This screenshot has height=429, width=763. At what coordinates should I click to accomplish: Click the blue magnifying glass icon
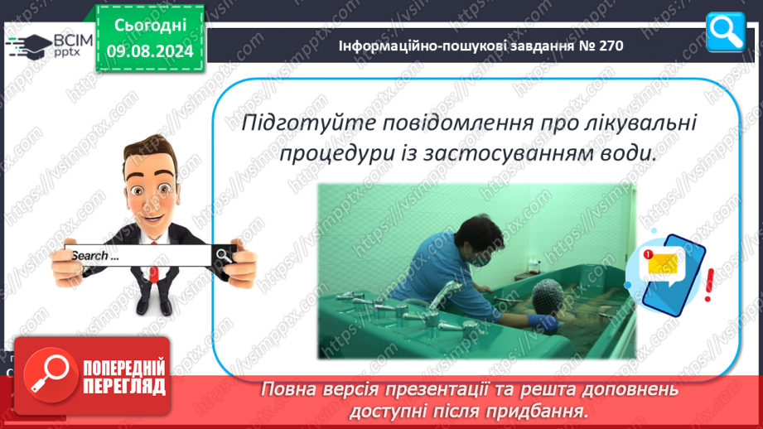pyautogui.click(x=725, y=31)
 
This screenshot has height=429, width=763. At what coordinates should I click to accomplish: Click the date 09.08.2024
pyautogui.click(x=150, y=51)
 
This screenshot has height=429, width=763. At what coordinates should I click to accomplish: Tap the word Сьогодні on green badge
pyautogui.click(x=150, y=26)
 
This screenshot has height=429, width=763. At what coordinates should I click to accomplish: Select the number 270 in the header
pyautogui.click(x=609, y=46)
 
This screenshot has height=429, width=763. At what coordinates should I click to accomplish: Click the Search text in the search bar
pyautogui.click(x=95, y=256)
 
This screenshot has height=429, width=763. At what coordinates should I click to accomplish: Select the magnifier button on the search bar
pyautogui.click(x=224, y=255)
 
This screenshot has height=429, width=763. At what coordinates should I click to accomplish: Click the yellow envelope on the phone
pyautogui.click(x=662, y=263)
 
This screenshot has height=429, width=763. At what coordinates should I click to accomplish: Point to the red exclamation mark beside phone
pyautogui.click(x=709, y=285)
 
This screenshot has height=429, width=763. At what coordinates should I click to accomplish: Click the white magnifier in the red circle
pyautogui.click(x=50, y=374)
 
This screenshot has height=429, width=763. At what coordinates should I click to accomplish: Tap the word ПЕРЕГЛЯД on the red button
pyautogui.click(x=124, y=387)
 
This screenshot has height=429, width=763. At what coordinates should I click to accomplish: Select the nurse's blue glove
pyautogui.click(x=543, y=322)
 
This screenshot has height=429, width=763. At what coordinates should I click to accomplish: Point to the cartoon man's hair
pyautogui.click(x=150, y=152)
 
